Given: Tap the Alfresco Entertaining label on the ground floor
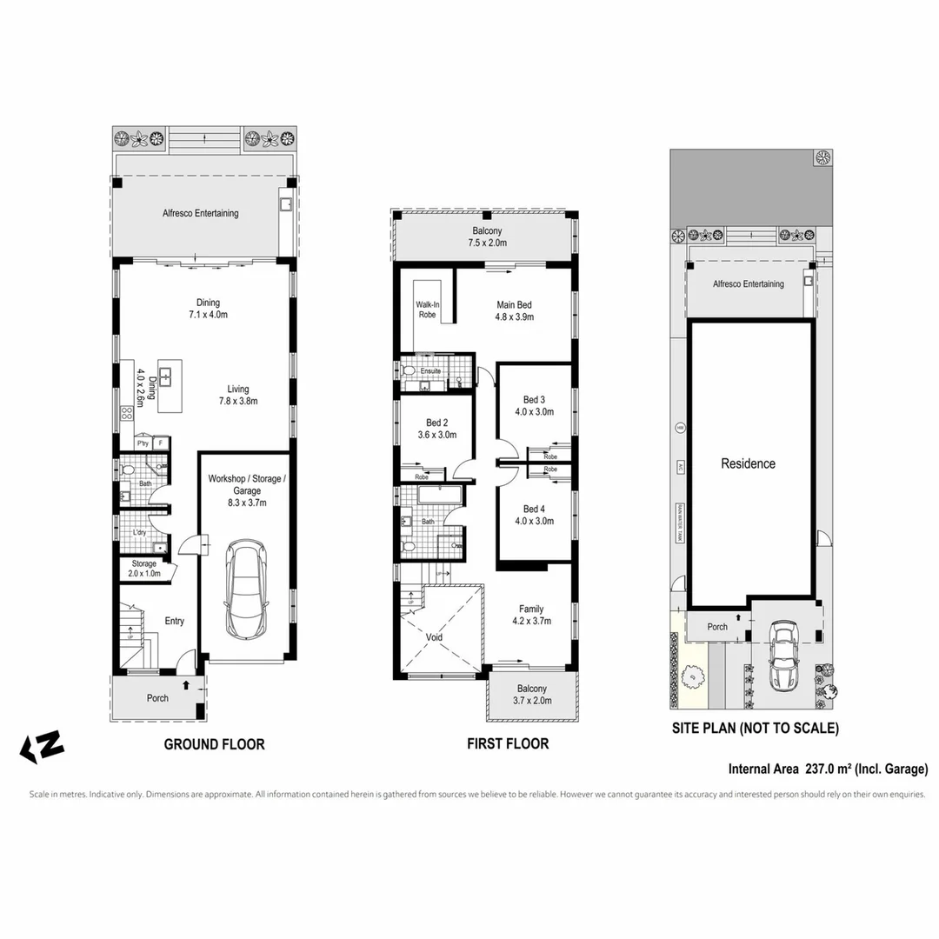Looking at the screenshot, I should point(200,213).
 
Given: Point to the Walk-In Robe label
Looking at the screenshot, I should point(427,310).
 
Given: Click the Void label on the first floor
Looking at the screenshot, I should point(434,637).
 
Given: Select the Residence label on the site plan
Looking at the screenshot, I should point(748,463).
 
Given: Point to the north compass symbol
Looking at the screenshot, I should point(42,747).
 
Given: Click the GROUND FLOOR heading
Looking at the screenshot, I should point(214,744).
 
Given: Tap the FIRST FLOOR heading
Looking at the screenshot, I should point(508,744).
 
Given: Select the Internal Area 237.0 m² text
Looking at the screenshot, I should point(828,769).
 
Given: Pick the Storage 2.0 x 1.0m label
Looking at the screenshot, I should point(144,569).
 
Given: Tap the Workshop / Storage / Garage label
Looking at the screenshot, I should point(246,490).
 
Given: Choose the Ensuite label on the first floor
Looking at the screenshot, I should point(430,371).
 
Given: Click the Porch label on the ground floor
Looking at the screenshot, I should point(157,697).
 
